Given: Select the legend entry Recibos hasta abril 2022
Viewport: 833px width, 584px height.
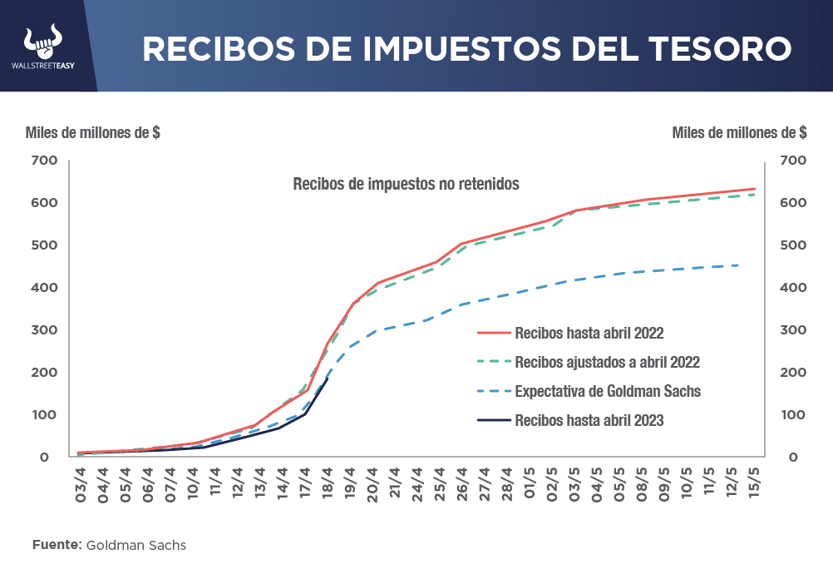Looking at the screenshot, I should [589, 334].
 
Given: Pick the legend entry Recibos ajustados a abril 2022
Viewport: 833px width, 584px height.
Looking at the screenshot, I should [607, 363].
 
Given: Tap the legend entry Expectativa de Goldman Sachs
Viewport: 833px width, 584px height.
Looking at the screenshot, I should [602, 391].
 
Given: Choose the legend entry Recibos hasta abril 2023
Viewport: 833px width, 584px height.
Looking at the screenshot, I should [589, 420].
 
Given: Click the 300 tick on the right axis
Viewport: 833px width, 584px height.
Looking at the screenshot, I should [790, 330].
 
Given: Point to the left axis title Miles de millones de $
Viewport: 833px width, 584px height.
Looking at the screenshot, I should [93, 133].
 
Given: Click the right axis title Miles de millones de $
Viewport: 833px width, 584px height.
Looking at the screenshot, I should [738, 133].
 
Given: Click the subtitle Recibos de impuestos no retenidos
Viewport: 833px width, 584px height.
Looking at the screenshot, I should [406, 185].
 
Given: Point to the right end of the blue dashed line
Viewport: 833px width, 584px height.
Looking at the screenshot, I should [738, 265].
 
